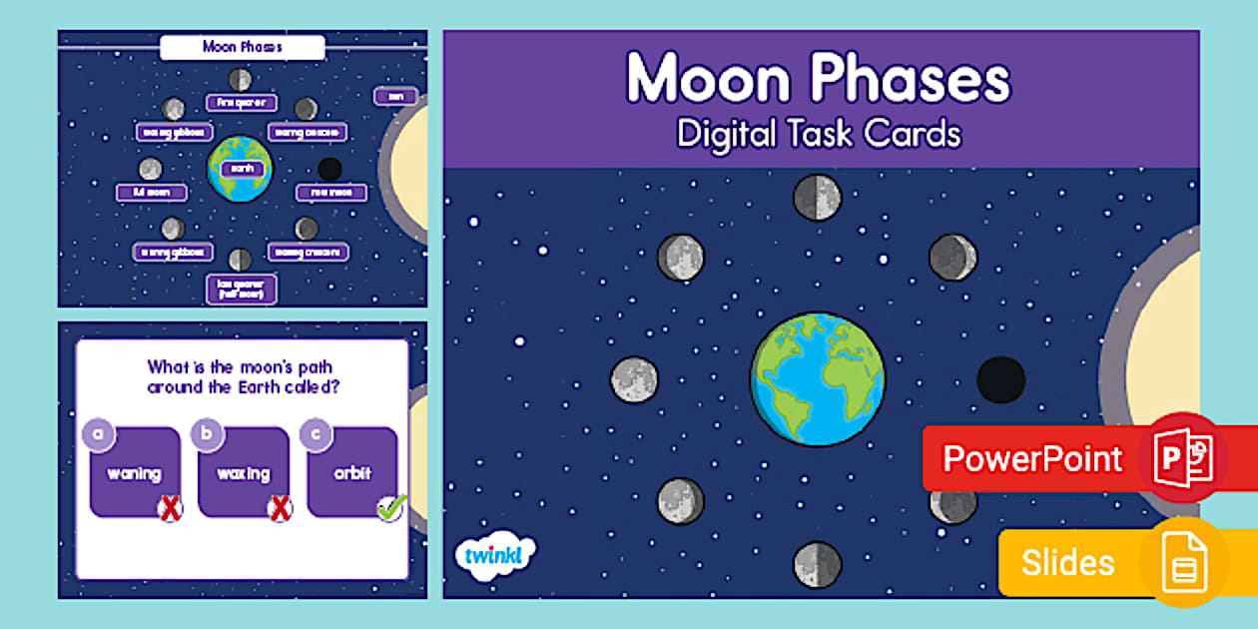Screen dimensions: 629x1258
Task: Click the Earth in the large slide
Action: [818, 379]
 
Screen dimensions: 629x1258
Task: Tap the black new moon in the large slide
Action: [1000, 379]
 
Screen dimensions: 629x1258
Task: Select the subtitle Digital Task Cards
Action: [819, 133]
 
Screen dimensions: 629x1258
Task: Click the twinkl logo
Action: [494, 554]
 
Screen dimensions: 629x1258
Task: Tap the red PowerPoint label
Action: [1032, 459]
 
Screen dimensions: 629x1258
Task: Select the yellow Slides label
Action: [1067, 562]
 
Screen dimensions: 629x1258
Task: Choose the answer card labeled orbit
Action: [352, 472]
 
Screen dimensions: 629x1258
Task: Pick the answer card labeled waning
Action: [135, 472]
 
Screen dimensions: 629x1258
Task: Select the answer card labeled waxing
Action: [244, 472]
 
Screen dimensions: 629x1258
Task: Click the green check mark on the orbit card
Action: [389, 509]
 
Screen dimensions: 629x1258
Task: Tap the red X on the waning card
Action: [172, 509]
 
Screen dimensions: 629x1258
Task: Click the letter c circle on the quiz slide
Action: [315, 433]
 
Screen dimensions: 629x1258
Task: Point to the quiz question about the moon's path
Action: [243, 377]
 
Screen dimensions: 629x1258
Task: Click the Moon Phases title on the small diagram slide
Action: [243, 47]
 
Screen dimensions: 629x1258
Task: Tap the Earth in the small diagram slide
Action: [240, 168]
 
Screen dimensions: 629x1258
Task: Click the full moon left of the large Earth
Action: [635, 379]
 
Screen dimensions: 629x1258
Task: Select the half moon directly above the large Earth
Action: [818, 197]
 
